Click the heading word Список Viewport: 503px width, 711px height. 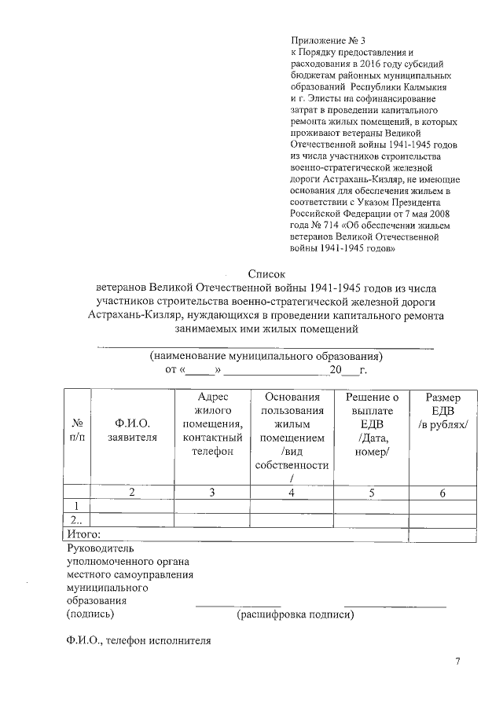tap(265, 273)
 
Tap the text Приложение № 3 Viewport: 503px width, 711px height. tap(328, 39)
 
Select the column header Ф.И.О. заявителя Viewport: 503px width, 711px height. tap(131, 431)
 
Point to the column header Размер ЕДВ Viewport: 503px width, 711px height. tap(442, 411)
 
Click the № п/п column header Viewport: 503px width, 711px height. tap(77, 431)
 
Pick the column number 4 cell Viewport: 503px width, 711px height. tap(292, 493)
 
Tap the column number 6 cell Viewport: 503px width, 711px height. tap(442, 493)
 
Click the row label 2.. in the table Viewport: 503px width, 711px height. tap(76, 520)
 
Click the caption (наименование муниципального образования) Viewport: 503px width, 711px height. tap(266, 355)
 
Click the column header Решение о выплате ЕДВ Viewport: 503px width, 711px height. tap(372, 425)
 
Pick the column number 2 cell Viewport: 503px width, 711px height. tap(131, 493)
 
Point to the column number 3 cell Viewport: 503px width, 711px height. tap(212, 493)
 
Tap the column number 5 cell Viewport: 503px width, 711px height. tap(372, 493)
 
